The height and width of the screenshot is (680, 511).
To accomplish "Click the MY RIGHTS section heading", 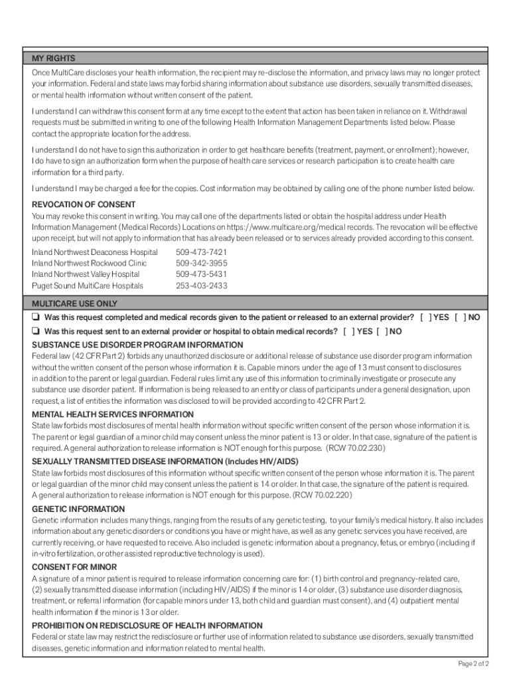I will coord(54,58).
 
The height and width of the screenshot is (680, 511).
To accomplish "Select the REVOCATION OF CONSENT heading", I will coord(84,205).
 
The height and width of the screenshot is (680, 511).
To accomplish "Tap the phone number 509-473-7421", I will coord(201,252).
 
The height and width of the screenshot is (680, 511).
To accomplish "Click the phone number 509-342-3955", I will coord(201,264).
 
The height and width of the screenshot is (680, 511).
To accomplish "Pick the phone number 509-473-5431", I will coord(201,274).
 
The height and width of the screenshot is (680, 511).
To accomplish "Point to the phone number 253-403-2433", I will coord(201,286).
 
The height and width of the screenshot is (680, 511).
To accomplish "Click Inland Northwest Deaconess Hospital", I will coord(95,252).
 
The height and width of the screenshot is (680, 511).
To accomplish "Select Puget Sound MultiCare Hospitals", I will coord(88,286).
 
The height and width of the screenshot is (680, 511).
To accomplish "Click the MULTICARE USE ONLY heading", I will coord(74,303).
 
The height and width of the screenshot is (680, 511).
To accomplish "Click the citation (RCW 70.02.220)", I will coord(317,495).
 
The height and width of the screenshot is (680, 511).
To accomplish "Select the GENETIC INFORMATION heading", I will coord(78,509).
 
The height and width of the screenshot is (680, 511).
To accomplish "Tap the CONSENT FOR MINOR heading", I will coord(74,567).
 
